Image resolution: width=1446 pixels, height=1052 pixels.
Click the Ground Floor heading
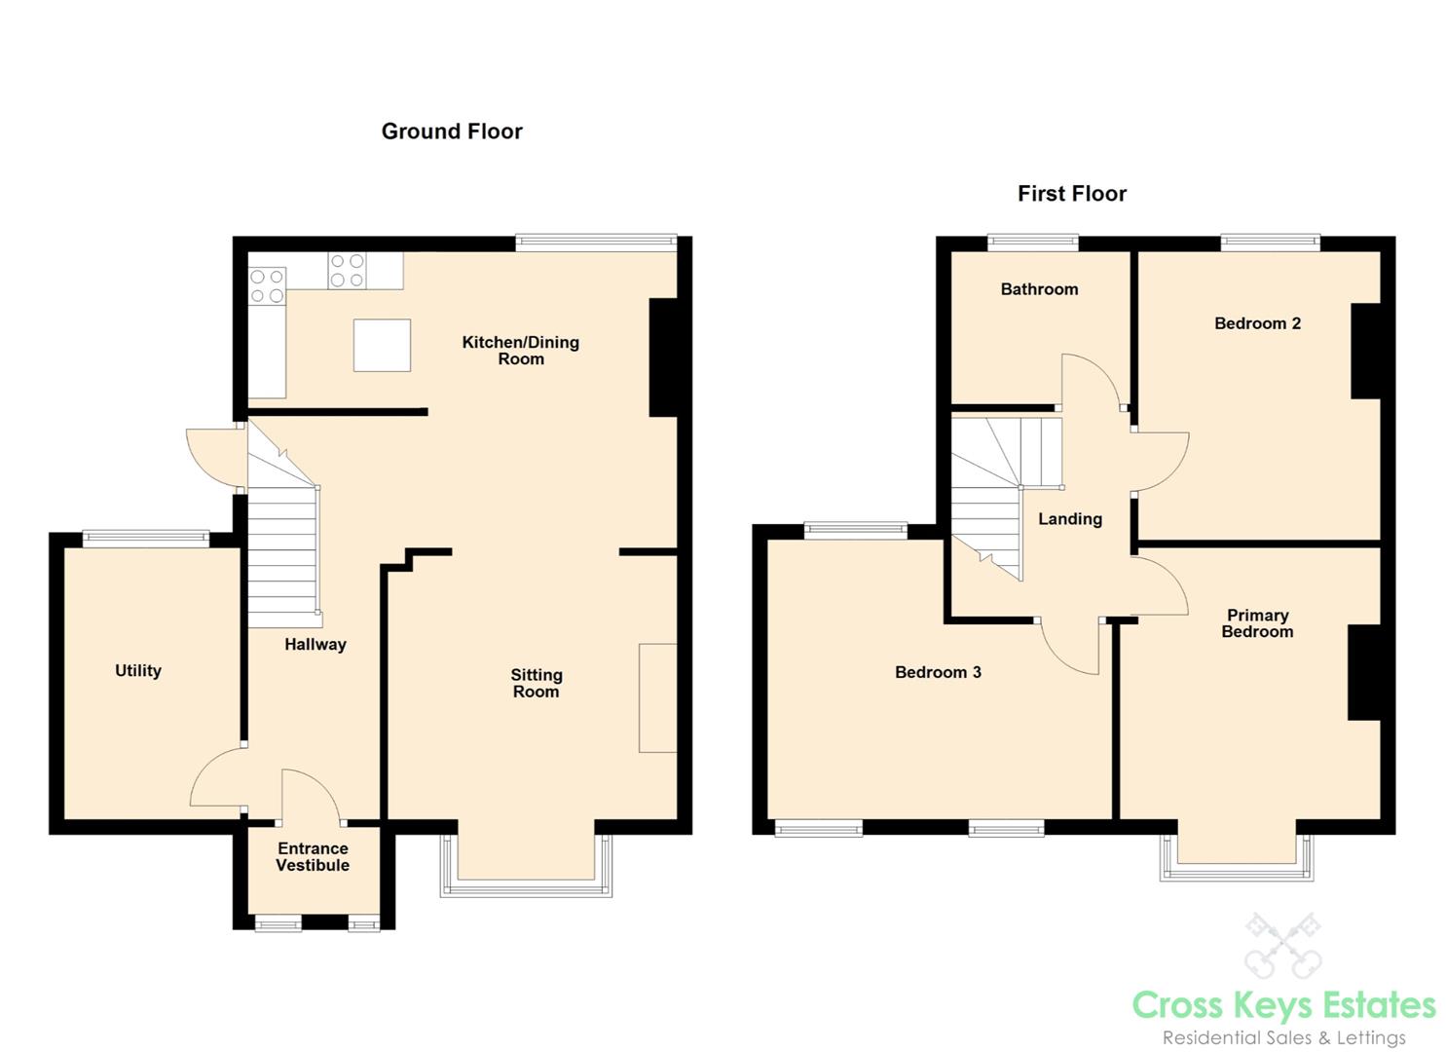(452, 131)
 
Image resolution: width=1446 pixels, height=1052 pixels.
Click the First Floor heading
(1071, 193)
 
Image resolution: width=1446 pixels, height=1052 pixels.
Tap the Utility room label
(138, 671)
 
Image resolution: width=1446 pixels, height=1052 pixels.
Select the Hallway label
(315, 644)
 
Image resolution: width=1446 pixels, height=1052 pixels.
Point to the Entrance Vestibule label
(314, 856)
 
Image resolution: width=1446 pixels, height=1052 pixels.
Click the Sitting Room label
(537, 683)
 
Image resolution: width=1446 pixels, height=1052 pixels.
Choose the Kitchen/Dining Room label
(521, 350)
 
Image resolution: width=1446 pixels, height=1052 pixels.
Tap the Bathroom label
(1039, 289)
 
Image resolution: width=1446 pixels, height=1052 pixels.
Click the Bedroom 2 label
(1257, 323)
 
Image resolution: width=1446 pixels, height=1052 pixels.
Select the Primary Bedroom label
(1257, 623)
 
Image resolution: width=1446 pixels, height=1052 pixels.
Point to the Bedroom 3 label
(938, 672)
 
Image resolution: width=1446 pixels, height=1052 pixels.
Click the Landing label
(1070, 518)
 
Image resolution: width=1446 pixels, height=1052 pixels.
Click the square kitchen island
(382, 345)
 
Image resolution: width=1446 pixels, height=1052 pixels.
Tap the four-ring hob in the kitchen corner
(267, 286)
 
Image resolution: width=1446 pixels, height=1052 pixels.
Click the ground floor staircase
(284, 523)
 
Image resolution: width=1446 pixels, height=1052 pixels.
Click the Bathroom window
(1033, 243)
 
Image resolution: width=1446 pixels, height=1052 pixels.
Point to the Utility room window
(146, 539)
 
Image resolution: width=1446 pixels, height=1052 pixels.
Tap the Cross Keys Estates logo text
(1284, 1006)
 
